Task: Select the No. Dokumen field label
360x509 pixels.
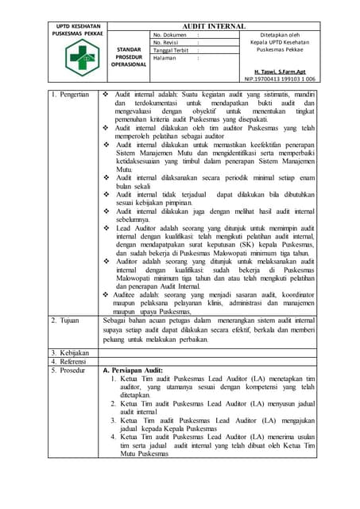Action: (x=169, y=36)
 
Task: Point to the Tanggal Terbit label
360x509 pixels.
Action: (x=171, y=50)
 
